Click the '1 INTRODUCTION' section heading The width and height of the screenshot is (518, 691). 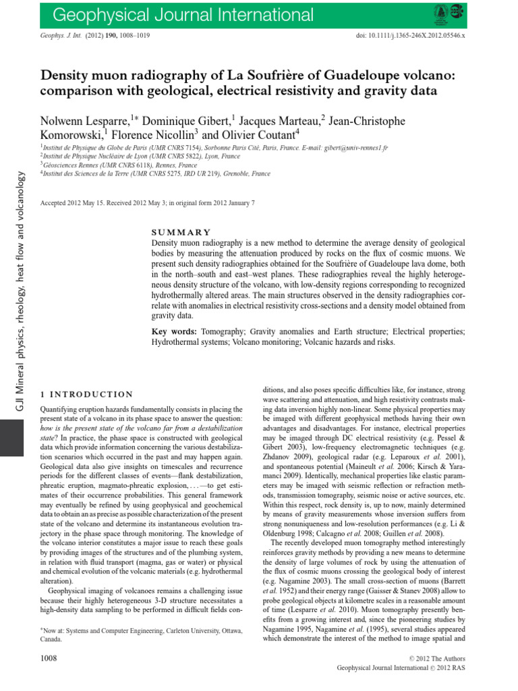(87, 394)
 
